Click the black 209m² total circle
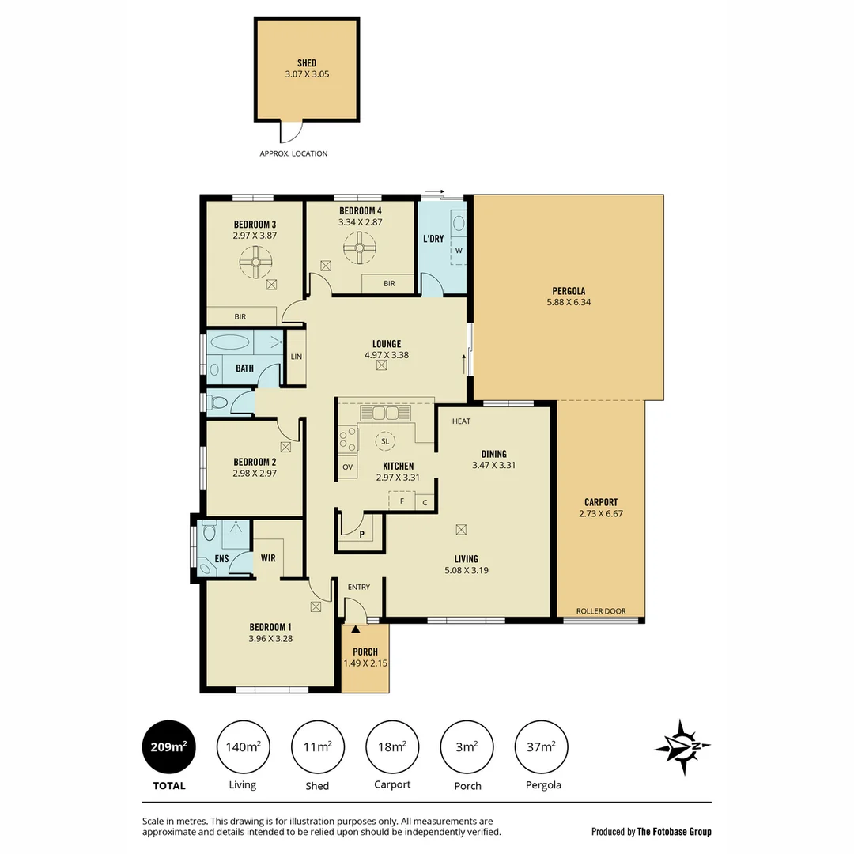168,746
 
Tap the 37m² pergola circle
542,746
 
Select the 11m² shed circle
318,746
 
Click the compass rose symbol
681,746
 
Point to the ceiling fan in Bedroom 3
255,262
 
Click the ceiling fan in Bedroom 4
359,250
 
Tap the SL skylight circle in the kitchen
385,440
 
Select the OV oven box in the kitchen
347,467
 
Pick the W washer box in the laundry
458,251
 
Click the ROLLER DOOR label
600,610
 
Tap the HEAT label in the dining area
461,421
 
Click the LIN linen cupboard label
296,357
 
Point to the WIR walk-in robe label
268,557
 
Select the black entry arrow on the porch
355,629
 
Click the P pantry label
361,535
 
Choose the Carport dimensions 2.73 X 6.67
600,514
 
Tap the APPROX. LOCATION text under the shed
293,153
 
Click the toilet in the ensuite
209,531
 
